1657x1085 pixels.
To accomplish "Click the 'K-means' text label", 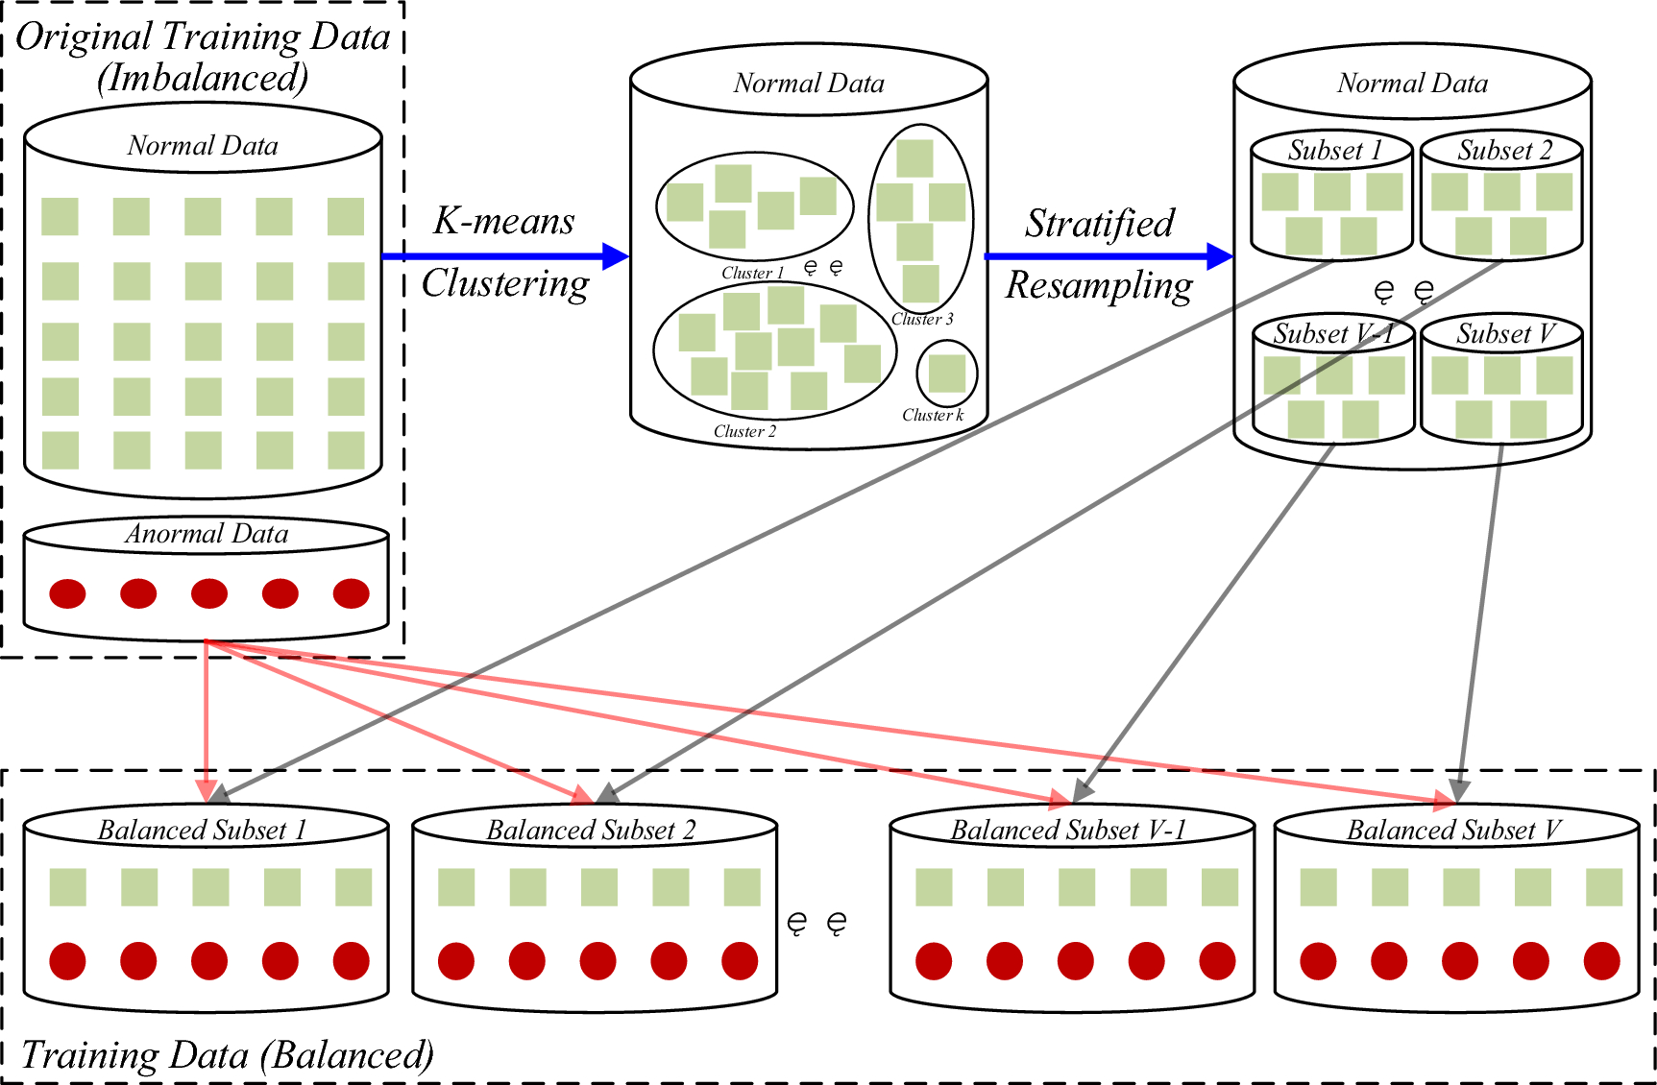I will tap(504, 222).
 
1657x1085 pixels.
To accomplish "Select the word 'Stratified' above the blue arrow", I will tap(1099, 224).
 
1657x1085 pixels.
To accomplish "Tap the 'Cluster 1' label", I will tap(752, 274).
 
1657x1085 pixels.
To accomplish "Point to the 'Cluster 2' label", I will tap(744, 432).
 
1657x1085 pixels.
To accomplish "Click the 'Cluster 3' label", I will tap(922, 320).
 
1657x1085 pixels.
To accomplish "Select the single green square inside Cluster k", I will tap(946, 374).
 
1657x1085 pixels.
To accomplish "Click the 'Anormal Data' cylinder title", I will tap(207, 534).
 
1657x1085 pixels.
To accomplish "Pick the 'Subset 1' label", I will tap(1334, 151).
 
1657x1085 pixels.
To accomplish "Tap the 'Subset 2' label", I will tap(1504, 151).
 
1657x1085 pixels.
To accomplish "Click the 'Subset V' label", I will tap(1504, 334).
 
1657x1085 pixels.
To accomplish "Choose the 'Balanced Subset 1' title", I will tap(203, 830).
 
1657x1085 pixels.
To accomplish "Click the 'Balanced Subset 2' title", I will tap(591, 830).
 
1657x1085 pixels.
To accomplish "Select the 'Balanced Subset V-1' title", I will tap(1068, 830).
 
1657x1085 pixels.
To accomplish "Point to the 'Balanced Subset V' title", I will tap(1452, 830).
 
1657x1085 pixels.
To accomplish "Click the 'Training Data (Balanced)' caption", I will tap(227, 1055).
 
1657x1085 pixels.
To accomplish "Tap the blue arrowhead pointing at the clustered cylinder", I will tap(615, 256).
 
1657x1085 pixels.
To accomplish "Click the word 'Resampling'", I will tap(1099, 286).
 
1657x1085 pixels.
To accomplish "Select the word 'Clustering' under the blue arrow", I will tap(505, 284).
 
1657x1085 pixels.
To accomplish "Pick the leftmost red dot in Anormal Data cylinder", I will tap(67, 593).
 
